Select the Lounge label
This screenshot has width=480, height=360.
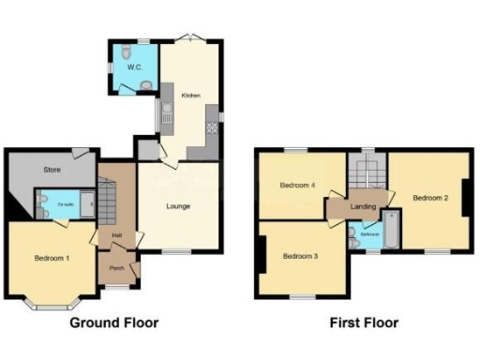[x=180, y=206]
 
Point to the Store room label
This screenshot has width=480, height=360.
[x=52, y=170]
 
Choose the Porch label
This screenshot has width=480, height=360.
[x=118, y=269]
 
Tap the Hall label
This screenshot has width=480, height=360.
[x=117, y=234]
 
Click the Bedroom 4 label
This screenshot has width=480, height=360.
[x=297, y=186]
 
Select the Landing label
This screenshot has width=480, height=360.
[x=363, y=206]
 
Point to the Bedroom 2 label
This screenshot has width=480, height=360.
[x=430, y=198]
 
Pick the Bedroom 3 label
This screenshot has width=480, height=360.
[x=301, y=255]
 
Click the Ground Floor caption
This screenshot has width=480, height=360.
[x=122, y=323]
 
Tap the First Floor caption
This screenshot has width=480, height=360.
[x=364, y=323]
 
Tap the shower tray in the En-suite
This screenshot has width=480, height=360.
[x=85, y=204]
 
